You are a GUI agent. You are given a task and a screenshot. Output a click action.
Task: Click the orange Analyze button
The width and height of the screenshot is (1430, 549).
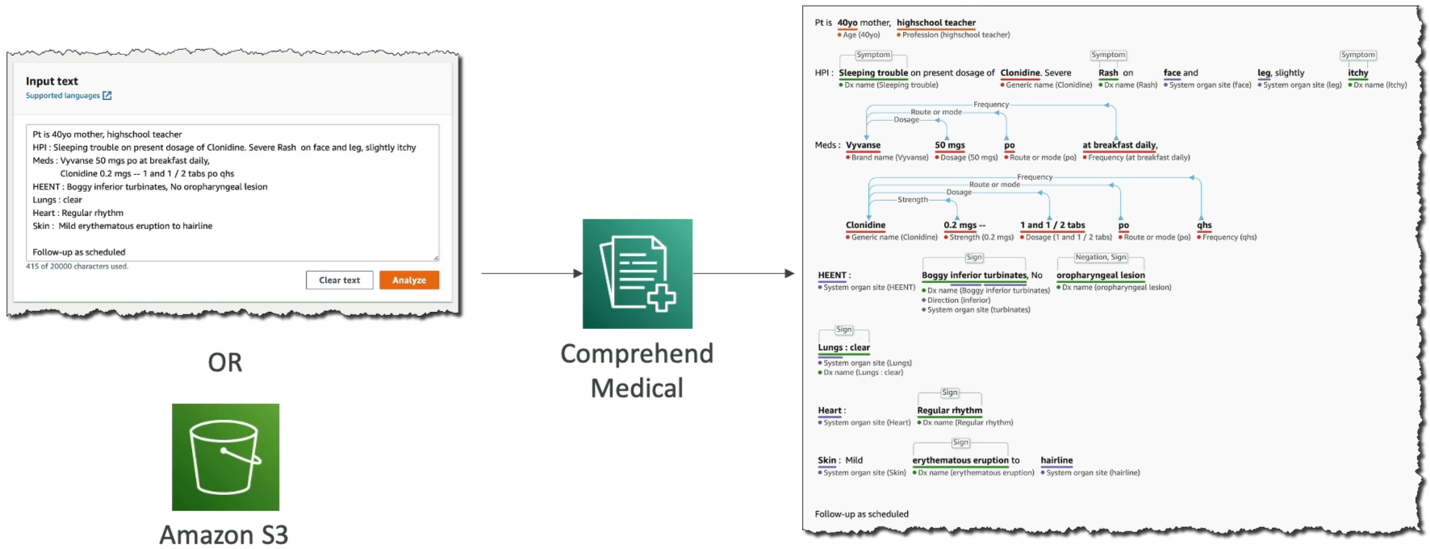(409, 280)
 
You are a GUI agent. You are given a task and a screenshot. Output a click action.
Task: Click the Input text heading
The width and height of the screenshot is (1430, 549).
(52, 81)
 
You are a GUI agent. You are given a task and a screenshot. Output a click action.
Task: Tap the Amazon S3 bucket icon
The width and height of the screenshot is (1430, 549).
(225, 457)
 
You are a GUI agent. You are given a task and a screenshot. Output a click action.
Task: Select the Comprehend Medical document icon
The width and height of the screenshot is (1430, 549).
(638, 273)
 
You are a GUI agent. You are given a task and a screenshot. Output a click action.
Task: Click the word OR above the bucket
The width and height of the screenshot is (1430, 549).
(225, 363)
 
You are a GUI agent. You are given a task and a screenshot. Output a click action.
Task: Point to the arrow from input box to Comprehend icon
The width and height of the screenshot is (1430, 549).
(532, 273)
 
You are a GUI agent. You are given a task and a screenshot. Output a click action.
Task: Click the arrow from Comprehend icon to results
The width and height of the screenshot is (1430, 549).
(743, 273)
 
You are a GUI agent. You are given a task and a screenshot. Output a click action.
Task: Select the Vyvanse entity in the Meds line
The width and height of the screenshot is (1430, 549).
(863, 145)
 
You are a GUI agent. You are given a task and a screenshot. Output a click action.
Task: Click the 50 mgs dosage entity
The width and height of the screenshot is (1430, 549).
(950, 145)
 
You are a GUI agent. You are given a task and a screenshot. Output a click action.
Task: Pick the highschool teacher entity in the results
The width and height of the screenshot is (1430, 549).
(936, 23)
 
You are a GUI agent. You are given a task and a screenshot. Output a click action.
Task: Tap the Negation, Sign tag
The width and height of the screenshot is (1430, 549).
(1101, 257)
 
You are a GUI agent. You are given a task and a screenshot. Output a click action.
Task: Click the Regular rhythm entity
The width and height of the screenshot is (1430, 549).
(950, 410)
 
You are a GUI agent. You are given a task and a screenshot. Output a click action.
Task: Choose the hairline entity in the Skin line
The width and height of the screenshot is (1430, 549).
(1056, 460)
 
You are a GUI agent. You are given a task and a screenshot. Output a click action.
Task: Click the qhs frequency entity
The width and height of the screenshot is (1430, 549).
(1204, 225)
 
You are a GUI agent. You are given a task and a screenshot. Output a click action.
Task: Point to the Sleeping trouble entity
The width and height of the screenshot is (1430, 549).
(873, 73)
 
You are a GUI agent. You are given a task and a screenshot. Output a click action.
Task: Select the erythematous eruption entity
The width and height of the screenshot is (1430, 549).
(960, 460)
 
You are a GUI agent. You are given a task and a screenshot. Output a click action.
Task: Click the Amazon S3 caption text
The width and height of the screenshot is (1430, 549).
(224, 534)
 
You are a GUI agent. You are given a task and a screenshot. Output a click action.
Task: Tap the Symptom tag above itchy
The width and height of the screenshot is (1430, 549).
(1358, 55)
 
